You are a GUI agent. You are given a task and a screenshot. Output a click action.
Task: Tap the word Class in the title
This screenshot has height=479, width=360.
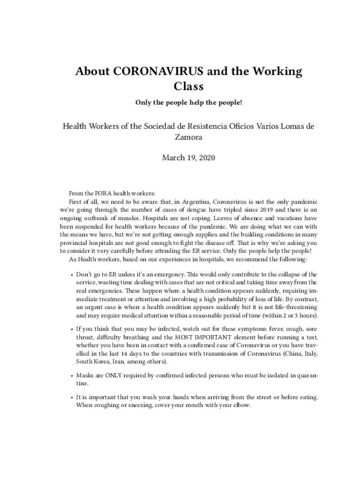(x=188, y=86)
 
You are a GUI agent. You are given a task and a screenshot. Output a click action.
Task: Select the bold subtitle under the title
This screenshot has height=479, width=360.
(x=189, y=102)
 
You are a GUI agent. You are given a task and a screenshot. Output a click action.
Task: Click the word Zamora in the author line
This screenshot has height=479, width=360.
(x=189, y=138)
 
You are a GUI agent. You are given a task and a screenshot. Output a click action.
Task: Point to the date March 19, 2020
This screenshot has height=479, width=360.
(x=189, y=158)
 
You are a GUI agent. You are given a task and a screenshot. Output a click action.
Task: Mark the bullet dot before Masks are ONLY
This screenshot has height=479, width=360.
(x=72, y=375)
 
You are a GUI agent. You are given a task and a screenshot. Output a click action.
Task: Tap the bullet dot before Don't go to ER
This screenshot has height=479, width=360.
(x=72, y=274)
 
